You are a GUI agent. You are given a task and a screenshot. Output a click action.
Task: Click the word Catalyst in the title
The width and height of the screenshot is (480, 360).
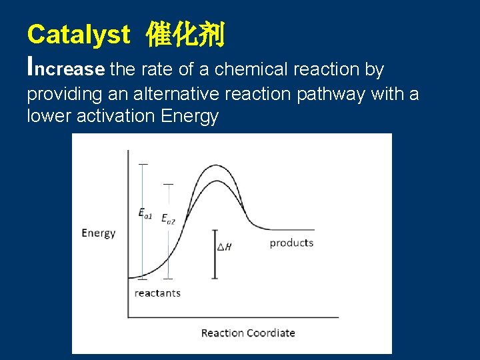click(78, 35)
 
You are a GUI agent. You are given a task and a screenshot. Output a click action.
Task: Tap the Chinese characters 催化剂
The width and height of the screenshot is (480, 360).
click(185, 35)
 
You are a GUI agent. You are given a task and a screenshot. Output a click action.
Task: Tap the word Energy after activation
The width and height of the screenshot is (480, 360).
click(189, 116)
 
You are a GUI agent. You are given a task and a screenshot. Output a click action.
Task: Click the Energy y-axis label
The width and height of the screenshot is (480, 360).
click(99, 233)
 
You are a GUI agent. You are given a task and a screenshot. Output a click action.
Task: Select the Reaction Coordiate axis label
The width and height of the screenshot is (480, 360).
click(248, 333)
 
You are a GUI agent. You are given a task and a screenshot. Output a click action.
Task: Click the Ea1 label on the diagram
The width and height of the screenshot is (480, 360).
click(145, 214)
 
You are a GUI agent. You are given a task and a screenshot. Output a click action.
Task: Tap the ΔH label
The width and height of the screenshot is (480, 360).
click(225, 247)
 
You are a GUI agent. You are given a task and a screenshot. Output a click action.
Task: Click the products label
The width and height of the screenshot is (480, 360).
click(291, 243)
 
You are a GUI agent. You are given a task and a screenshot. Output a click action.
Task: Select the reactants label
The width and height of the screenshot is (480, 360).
click(157, 293)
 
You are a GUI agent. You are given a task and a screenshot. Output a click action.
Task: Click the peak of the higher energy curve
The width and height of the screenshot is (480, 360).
click(213, 165)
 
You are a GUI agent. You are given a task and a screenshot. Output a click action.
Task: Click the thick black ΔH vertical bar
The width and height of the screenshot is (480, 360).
click(215, 253)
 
